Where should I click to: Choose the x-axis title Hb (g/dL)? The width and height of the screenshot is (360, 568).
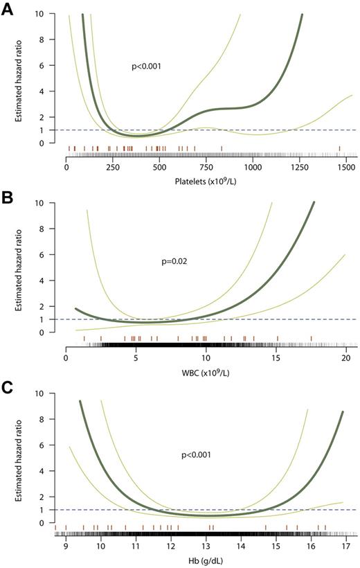[x=206, y=559]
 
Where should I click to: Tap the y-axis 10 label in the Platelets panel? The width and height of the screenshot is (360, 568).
[x=42, y=14]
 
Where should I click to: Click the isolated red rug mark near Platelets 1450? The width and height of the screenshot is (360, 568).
[x=340, y=148]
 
